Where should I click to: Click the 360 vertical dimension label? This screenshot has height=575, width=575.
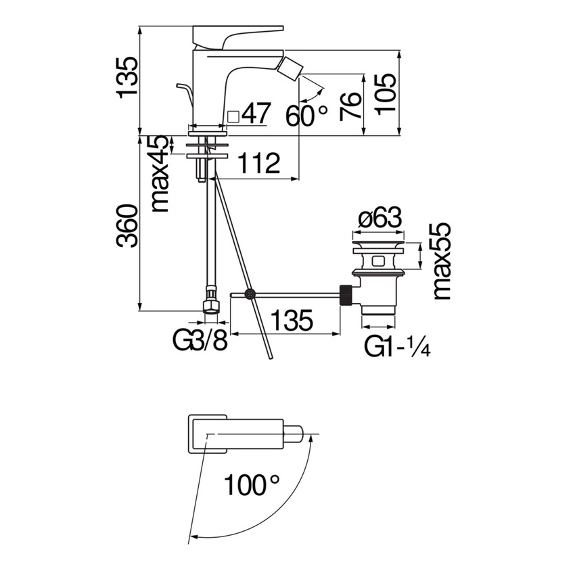pyautogui.click(x=127, y=226)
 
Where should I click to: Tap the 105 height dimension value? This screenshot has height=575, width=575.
pyautogui.click(x=385, y=94)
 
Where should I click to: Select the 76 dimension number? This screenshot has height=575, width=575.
pyautogui.click(x=350, y=107)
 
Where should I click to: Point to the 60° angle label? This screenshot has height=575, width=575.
pyautogui.click(x=306, y=116)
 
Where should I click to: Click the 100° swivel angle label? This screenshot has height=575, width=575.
pyautogui.click(x=252, y=484)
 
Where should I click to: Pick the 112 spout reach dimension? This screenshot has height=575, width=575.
pyautogui.click(x=258, y=163)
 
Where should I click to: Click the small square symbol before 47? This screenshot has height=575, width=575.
pyautogui.click(x=233, y=117)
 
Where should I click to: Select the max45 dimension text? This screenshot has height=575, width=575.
pyautogui.click(x=160, y=174)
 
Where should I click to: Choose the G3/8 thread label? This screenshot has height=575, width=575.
pyautogui.click(x=200, y=341)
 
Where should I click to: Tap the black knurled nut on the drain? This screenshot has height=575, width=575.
pyautogui.click(x=346, y=295)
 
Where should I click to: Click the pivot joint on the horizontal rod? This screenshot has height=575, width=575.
pyautogui.click(x=250, y=294)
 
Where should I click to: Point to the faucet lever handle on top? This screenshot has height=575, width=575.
pyautogui.click(x=237, y=37)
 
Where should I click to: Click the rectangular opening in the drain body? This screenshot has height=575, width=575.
pyautogui.click(x=377, y=262)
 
